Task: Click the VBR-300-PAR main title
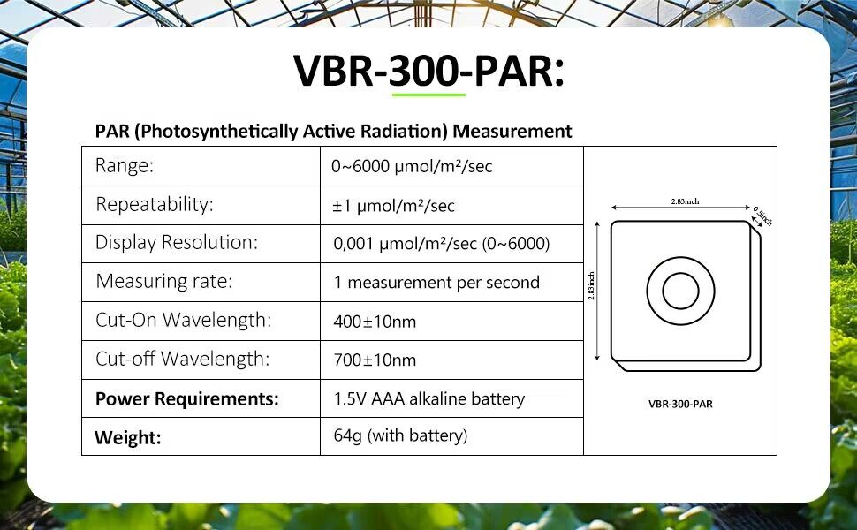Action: (x=428, y=71)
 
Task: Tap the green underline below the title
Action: (x=428, y=95)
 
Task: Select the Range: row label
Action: (x=125, y=165)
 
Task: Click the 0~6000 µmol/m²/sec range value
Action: (x=412, y=166)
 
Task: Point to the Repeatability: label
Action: (x=154, y=204)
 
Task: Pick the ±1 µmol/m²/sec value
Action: (x=393, y=206)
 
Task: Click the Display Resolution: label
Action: (x=176, y=242)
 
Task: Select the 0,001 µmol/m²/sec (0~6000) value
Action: (x=441, y=243)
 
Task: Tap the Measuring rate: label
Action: (x=164, y=281)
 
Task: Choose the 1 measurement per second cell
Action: (x=436, y=283)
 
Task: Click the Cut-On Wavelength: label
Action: (x=183, y=320)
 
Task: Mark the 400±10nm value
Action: (x=375, y=322)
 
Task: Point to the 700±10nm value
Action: (x=375, y=360)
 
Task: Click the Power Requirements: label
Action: (x=187, y=399)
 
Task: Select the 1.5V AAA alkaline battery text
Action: (x=429, y=399)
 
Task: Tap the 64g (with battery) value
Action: (x=400, y=435)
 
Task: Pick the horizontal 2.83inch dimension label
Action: (x=685, y=201)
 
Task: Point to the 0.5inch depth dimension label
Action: (x=762, y=216)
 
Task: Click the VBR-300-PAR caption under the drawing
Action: (x=680, y=405)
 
